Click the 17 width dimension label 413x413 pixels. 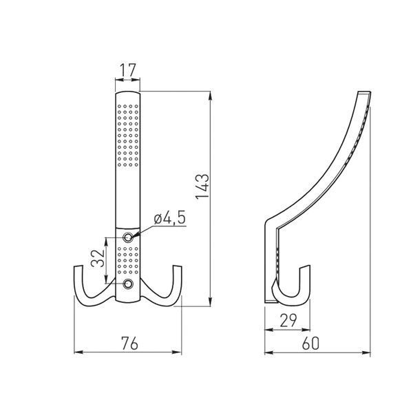(x=128, y=70)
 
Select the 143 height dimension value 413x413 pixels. (x=203, y=187)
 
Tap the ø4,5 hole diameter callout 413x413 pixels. (x=170, y=218)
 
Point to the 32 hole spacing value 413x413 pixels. (x=98, y=258)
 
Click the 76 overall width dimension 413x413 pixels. (x=129, y=343)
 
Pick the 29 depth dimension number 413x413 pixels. (x=288, y=320)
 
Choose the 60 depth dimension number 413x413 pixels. (x=310, y=343)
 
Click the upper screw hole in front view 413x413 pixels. (x=128, y=237)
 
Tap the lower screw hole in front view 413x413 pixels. (x=128, y=284)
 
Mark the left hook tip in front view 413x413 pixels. (x=78, y=267)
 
